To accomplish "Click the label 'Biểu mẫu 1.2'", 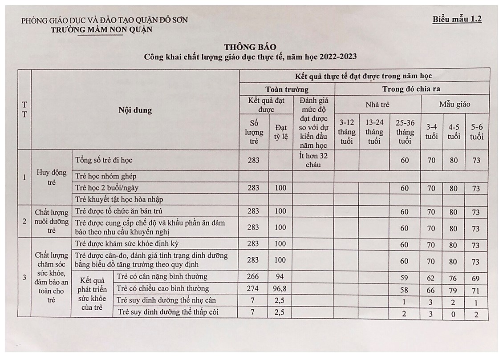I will coord(457,19).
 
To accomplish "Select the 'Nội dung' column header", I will coord(135,110).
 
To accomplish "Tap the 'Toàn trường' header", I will coord(287,89).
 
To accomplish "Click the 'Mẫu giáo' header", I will coord(454,105).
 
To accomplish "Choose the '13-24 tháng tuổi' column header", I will coord(374,131).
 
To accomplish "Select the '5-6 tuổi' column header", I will coord(477,132).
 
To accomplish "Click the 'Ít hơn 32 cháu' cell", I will coord(313,160).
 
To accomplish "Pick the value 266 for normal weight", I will coord(252,277).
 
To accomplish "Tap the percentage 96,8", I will coord(280,289).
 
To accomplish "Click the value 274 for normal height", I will coord(252,289).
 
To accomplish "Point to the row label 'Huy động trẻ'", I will coord(51,177).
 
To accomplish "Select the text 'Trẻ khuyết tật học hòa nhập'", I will coord(119,199).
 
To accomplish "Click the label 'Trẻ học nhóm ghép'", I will coord(106,175).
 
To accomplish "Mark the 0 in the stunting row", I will coord(454,313).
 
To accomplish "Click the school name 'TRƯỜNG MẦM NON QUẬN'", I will coord(101,30).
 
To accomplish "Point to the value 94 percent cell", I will coord(280,277).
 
